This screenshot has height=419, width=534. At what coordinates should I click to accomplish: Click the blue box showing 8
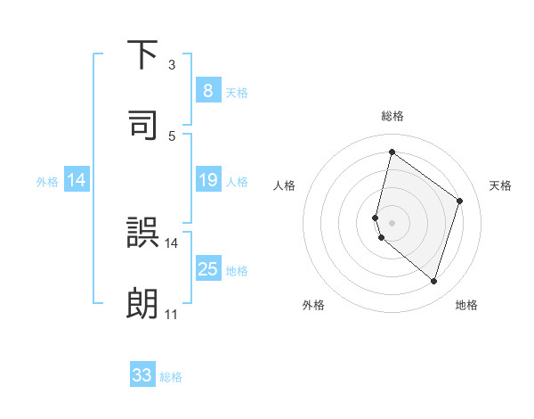point(207,91)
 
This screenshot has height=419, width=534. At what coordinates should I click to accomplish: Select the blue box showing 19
point(207,181)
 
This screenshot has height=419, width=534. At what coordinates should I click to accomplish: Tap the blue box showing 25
point(207,270)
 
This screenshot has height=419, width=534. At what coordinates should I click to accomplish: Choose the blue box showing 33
point(142,375)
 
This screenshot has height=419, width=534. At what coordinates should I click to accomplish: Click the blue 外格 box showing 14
point(77,181)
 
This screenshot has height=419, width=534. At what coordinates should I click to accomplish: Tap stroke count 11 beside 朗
point(171,314)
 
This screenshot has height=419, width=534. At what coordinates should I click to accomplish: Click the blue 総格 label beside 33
point(171,377)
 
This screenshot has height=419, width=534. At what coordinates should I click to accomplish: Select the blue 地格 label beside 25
point(237,271)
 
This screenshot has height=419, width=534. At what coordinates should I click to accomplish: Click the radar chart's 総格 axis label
point(392,116)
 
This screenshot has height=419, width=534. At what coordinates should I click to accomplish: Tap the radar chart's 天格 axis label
point(500,185)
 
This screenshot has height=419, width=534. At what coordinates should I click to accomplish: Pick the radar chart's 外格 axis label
point(313,306)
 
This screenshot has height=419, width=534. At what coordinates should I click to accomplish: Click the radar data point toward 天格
point(459,201)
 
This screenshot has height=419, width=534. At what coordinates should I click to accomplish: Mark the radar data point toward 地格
point(433,281)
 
